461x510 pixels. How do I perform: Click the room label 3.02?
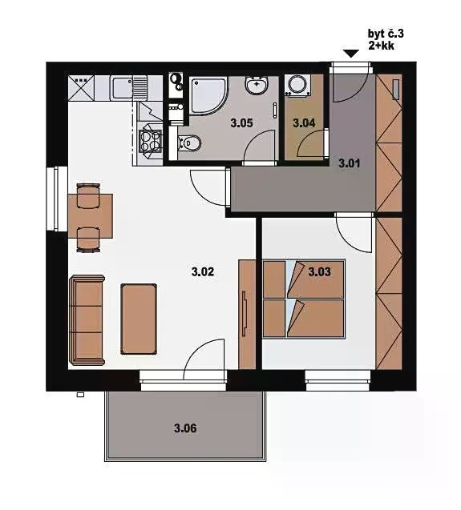[203, 271]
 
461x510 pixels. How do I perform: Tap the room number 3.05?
[241, 123]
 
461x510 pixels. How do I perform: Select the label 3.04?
[304, 123]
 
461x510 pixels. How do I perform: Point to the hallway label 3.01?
[349, 163]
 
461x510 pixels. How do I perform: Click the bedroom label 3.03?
[319, 271]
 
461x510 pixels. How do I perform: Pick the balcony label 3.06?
[185, 428]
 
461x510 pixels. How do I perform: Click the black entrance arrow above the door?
[351, 54]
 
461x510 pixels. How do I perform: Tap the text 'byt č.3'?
[386, 34]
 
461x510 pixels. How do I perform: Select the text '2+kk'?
[381, 46]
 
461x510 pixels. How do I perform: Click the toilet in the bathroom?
[189, 143]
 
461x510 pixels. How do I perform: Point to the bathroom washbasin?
[257, 86]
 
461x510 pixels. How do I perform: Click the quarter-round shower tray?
[207, 95]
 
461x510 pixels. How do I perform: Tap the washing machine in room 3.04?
[297, 85]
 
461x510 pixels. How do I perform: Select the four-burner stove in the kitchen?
[150, 142]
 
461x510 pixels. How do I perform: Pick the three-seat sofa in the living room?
[87, 320]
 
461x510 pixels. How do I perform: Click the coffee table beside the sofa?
[139, 319]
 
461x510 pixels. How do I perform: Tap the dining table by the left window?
[91, 216]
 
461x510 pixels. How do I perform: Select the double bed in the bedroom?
[304, 299]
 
